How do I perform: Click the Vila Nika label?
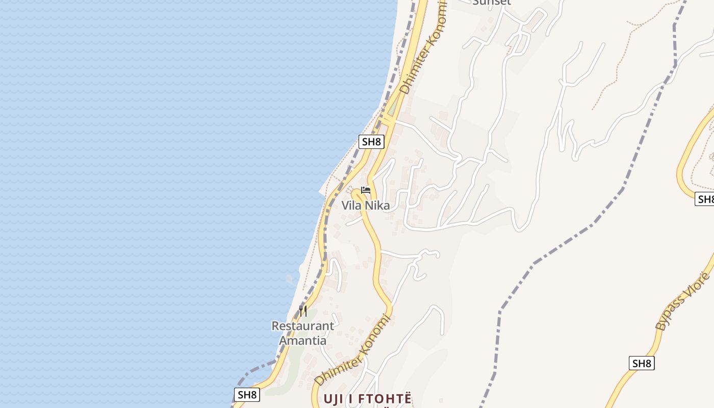coord(366,206)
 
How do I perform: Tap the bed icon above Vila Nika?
coord(366,191)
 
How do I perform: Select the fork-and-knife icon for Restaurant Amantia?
coord(303,311)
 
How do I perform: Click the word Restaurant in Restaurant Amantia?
coord(303,326)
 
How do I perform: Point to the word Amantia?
coord(303,340)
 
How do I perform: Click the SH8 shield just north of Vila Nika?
coord(371,142)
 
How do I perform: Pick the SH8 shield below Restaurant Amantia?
coord(247,394)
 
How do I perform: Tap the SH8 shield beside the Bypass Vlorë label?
coord(642,363)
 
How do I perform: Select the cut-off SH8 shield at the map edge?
coord(705,199)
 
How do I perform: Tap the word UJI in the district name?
coord(334,399)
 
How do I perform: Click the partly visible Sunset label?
coord(492,3)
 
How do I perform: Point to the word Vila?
coord(352,206)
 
